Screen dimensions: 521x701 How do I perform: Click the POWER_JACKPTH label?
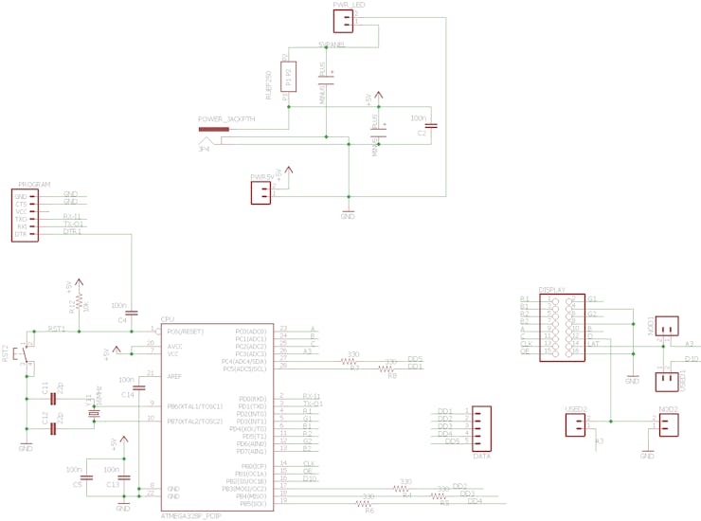click(x=226, y=119)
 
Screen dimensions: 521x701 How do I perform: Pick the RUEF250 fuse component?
click(x=289, y=76)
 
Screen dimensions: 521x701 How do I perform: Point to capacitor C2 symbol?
click(x=431, y=125)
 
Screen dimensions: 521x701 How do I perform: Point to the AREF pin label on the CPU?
click(x=174, y=376)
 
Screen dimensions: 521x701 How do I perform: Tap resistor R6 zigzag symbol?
click(x=368, y=503)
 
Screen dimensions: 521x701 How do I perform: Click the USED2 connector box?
click(x=575, y=424)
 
